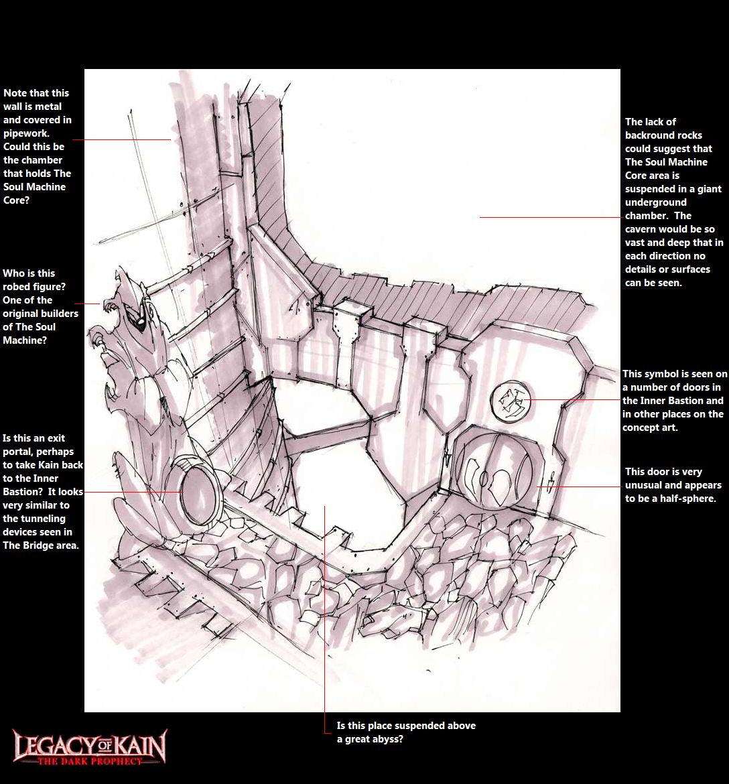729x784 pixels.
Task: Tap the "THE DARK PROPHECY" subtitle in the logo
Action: tap(90, 761)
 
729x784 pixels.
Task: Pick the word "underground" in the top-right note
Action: tap(655, 202)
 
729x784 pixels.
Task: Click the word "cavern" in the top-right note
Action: tap(641, 229)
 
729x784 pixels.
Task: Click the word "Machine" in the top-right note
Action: tap(687, 162)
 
